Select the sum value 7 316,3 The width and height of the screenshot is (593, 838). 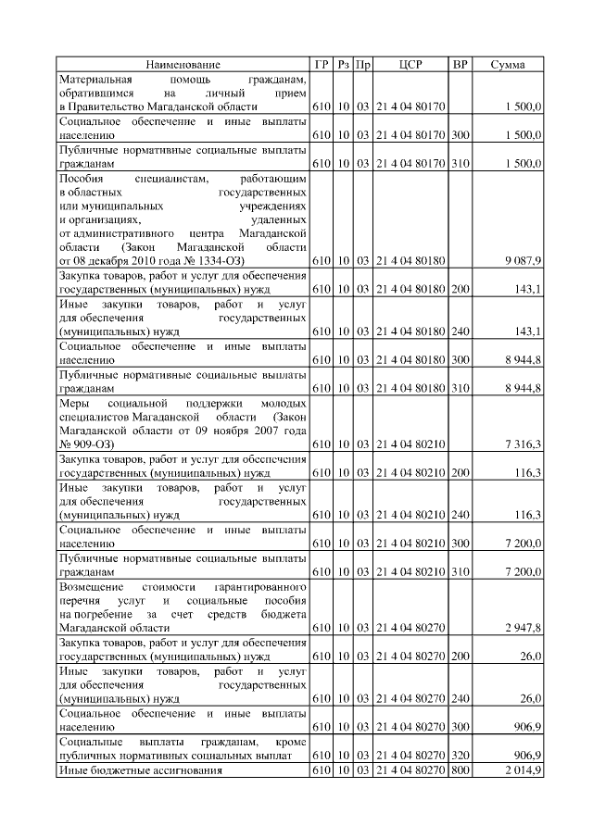tap(524, 445)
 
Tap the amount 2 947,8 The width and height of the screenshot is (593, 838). tap(524, 628)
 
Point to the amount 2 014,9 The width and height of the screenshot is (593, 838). tap(524, 771)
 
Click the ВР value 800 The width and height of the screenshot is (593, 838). tap(460, 771)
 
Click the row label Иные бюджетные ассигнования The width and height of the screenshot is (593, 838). tap(141, 771)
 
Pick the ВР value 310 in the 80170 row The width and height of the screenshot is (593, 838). tap(460, 163)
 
